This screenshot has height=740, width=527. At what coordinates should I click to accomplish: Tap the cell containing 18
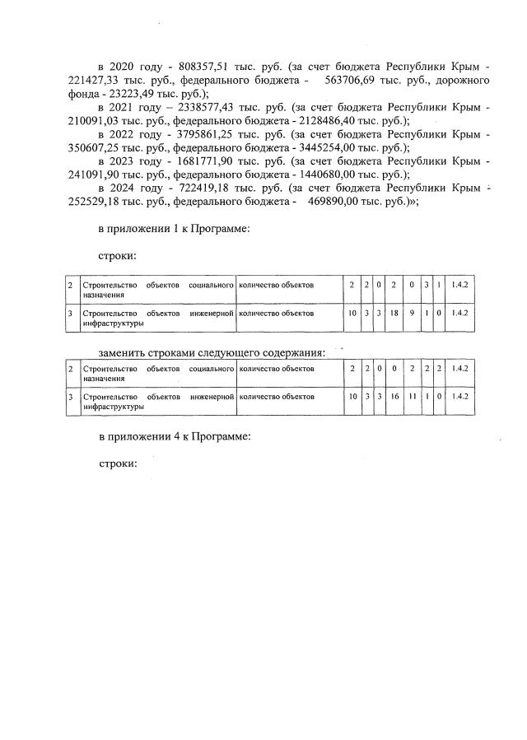394,313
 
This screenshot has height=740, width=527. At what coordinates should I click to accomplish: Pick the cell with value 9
412,313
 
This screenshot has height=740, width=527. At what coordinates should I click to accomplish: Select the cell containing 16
394,397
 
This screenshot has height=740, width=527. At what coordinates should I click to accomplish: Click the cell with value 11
412,397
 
